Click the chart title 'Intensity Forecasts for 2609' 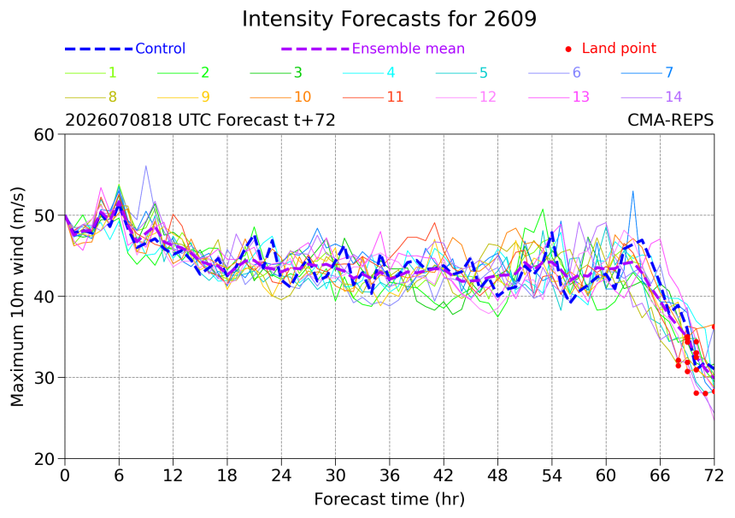389,19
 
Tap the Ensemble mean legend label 409,48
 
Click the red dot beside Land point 568,49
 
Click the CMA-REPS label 670,121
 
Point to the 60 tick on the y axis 44,134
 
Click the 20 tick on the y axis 44,459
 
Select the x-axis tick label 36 390,476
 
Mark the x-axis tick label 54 552,476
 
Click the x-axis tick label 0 65,476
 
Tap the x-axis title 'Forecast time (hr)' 390,500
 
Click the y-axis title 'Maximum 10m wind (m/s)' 17,297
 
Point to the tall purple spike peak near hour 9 146,166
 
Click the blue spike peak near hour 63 632,191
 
